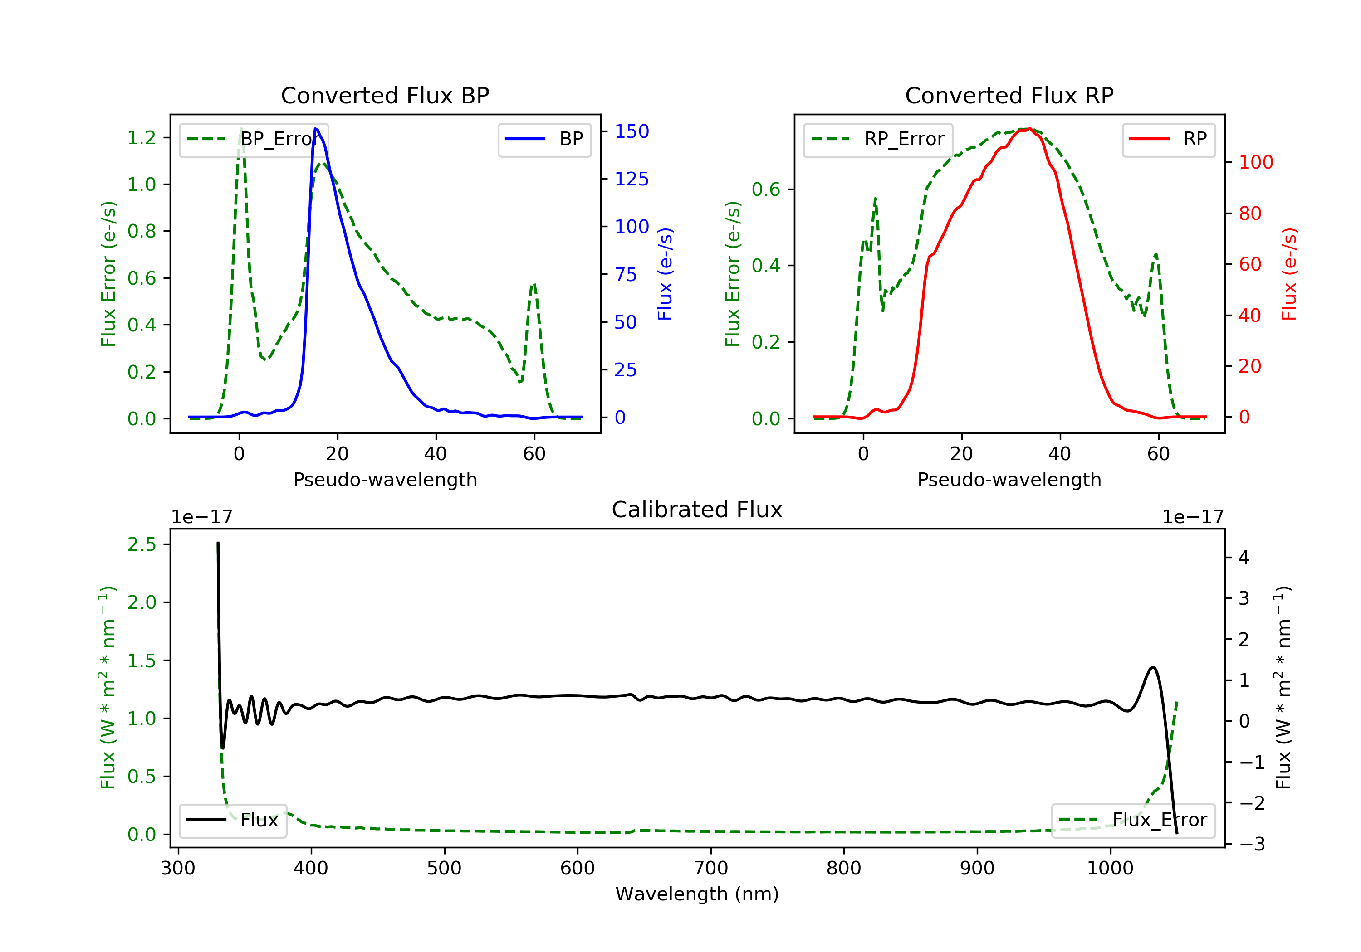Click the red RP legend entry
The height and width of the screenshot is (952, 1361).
(1169, 139)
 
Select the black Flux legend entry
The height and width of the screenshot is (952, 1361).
(233, 821)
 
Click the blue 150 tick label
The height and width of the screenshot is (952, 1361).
(632, 131)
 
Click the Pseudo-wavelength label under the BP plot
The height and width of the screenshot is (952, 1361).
(385, 480)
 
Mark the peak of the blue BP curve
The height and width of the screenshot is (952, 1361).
(316, 129)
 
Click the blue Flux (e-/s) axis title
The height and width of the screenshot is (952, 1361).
(665, 274)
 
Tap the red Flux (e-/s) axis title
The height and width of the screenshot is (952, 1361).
(1289, 274)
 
